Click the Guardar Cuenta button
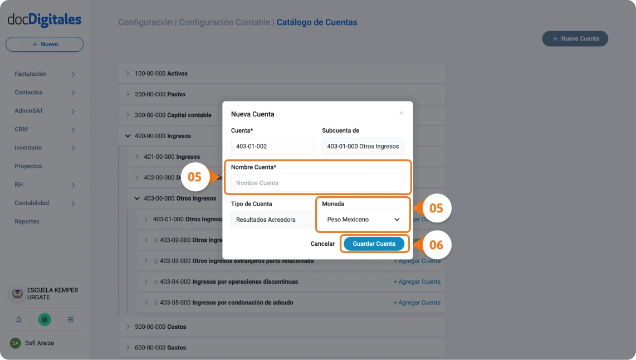[374, 244]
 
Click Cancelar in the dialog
[322, 244]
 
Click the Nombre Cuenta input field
[317, 183]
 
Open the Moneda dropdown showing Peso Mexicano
[363, 220]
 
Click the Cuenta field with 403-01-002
[272, 147]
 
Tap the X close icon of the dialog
[401, 113]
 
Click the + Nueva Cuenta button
[575, 39]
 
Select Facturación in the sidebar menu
[31, 74]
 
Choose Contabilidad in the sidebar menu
[32, 203]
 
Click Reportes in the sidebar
[27, 221]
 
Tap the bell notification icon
[18, 320]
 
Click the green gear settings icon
[45, 320]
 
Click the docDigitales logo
[45, 20]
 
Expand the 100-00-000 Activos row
[128, 74]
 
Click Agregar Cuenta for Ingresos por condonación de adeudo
[417, 303]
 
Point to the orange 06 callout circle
[436, 244]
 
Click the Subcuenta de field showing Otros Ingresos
[363, 147]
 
